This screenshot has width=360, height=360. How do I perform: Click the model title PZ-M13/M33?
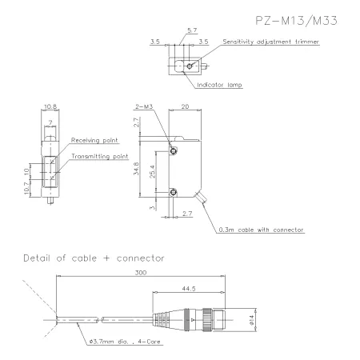click(296, 21)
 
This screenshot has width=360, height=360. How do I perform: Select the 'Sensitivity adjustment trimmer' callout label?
click(271, 42)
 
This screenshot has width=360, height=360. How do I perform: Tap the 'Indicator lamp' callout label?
click(219, 85)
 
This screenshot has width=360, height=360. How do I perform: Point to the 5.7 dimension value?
click(192, 30)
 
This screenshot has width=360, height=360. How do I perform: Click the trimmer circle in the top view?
click(190, 66)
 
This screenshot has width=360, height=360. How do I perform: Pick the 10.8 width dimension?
click(50, 106)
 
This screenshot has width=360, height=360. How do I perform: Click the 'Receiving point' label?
click(94, 140)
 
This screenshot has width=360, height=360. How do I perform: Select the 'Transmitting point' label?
click(100, 156)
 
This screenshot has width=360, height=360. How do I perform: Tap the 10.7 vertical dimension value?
click(26, 188)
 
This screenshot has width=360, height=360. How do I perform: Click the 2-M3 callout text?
click(144, 106)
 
